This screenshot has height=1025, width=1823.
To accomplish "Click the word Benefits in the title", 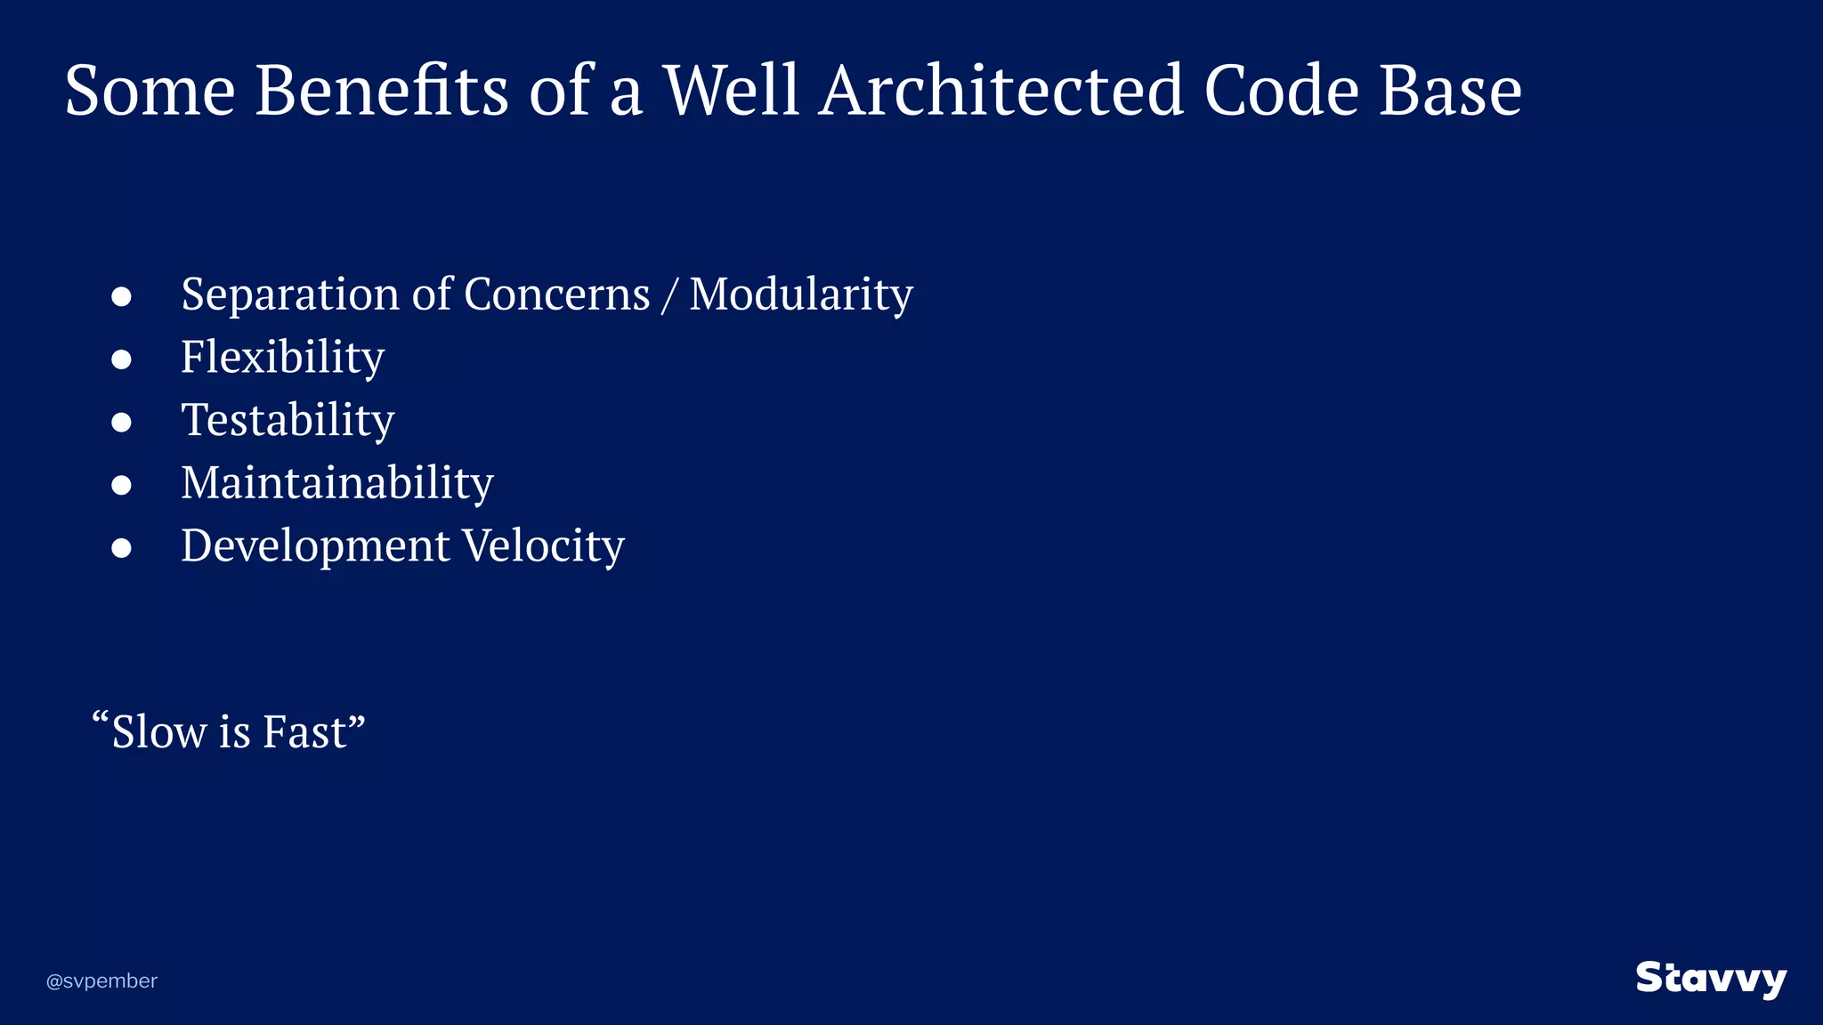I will (x=381, y=91).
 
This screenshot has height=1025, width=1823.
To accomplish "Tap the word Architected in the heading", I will (x=1001, y=91).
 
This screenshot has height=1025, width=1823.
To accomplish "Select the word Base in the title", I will (x=1450, y=91).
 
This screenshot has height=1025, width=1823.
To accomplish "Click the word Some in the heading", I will (x=150, y=91).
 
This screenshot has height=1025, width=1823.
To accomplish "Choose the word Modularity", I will (x=801, y=295).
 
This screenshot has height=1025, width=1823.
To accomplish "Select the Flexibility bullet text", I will (x=283, y=358).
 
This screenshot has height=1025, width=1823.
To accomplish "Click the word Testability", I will (x=288, y=420).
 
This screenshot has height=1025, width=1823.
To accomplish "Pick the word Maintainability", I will (x=336, y=483).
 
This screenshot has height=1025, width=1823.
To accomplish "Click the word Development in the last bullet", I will (x=315, y=546).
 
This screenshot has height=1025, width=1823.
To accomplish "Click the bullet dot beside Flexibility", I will (x=122, y=359).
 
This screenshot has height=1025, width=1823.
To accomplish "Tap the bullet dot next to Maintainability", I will (x=122, y=485).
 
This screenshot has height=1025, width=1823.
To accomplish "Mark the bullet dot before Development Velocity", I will (x=122, y=548).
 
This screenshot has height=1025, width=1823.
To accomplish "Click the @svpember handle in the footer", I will (x=101, y=981).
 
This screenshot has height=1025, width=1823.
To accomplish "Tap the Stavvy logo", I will (x=1711, y=979).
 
